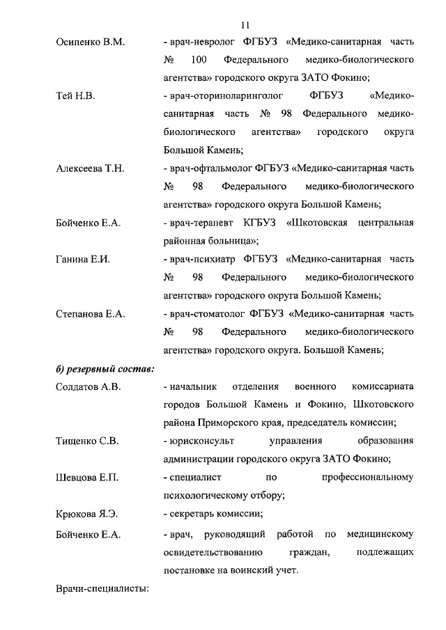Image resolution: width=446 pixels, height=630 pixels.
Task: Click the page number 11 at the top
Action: [245, 26]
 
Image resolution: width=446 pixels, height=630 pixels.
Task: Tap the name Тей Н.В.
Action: [75, 96]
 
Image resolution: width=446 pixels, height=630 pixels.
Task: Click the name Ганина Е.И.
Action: [83, 259]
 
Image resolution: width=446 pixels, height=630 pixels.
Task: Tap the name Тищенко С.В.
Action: [87, 441]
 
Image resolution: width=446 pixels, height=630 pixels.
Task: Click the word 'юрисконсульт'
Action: [200, 441]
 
